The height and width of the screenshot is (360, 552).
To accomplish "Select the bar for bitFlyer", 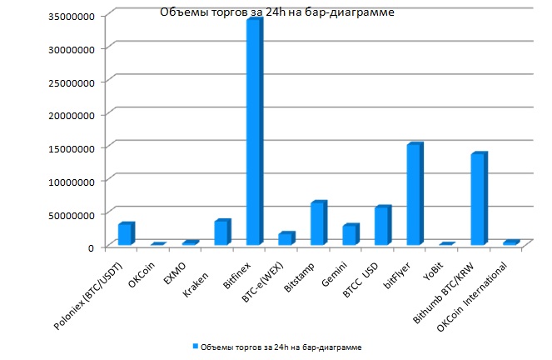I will click(414, 195).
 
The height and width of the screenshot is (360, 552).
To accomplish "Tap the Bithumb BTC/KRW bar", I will click(478, 199).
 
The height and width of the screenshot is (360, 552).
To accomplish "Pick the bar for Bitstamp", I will click(317, 223).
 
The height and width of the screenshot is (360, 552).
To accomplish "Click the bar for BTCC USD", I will click(381, 226).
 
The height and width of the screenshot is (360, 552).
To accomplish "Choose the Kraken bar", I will click(221, 232).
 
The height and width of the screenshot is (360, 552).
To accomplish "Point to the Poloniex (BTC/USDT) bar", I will click(125, 234).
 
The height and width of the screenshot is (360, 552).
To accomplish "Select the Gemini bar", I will click(350, 235).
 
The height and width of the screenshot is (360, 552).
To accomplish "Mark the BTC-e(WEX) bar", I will click(285, 239).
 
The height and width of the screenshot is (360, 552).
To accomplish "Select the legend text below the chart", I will click(281, 345).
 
